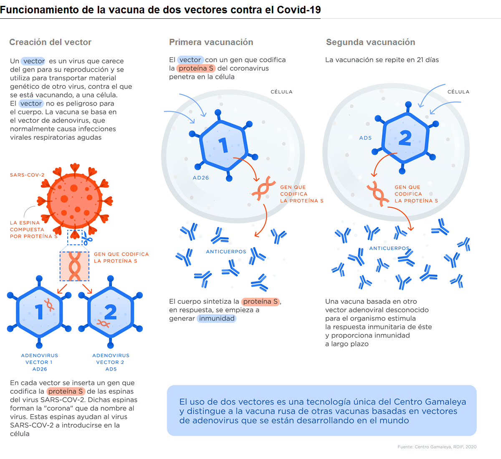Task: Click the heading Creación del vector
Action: point(50,42)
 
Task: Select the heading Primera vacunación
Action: point(211,42)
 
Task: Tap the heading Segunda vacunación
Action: point(370,42)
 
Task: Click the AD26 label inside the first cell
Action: point(201,178)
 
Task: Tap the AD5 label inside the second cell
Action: point(365,138)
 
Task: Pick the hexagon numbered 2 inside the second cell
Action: point(405,138)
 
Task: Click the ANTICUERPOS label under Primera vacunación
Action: point(226,252)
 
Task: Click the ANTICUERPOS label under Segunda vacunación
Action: point(389,248)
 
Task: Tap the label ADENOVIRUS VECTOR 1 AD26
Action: point(40,362)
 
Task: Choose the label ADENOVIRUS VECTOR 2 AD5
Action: point(111,362)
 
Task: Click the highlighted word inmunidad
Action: point(217,318)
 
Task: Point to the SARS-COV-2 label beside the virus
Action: point(27,175)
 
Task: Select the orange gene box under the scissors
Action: point(75,266)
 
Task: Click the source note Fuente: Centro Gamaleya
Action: point(437,447)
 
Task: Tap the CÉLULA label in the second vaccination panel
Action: point(458,92)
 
